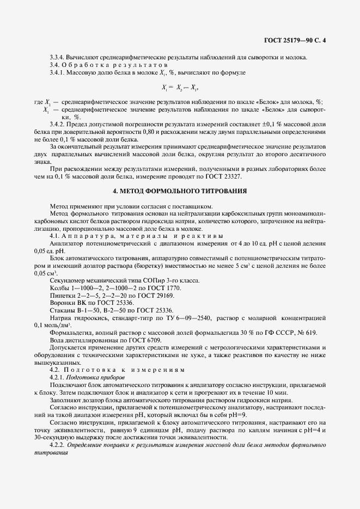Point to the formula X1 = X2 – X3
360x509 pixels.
click(180, 87)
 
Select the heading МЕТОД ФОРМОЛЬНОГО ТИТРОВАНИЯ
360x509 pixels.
click(180, 191)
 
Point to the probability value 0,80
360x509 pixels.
click(150, 132)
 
